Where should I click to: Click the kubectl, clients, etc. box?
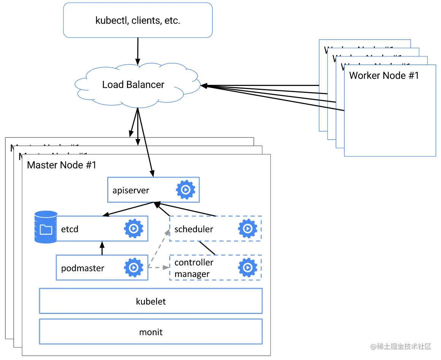coord(138,20)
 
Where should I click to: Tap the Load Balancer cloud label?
coord(133,84)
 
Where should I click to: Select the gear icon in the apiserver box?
coord(186,190)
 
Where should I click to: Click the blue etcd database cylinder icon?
coord(45,227)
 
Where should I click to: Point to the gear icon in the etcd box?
coord(133,229)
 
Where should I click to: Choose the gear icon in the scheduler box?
coord(247,229)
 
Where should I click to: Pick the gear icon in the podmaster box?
coord(133,268)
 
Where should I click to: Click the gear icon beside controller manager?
coord(247,268)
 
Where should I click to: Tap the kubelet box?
coord(151,301)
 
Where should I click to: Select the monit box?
coord(151,331)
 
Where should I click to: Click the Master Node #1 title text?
coord(62,165)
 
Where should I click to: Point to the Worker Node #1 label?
coord(384,75)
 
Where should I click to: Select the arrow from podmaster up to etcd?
coord(102,248)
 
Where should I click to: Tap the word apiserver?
coord(131,190)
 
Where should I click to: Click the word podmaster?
coord(82,268)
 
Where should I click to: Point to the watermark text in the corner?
coord(401,346)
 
